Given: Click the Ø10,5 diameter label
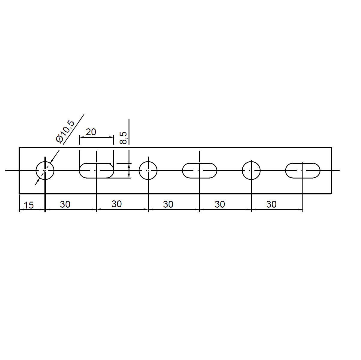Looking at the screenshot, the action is click(x=65, y=131).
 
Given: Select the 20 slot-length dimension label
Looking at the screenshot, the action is click(x=91, y=132).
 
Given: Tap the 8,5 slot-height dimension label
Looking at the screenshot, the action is click(x=123, y=138).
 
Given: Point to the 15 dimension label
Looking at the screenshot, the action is click(x=29, y=205).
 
